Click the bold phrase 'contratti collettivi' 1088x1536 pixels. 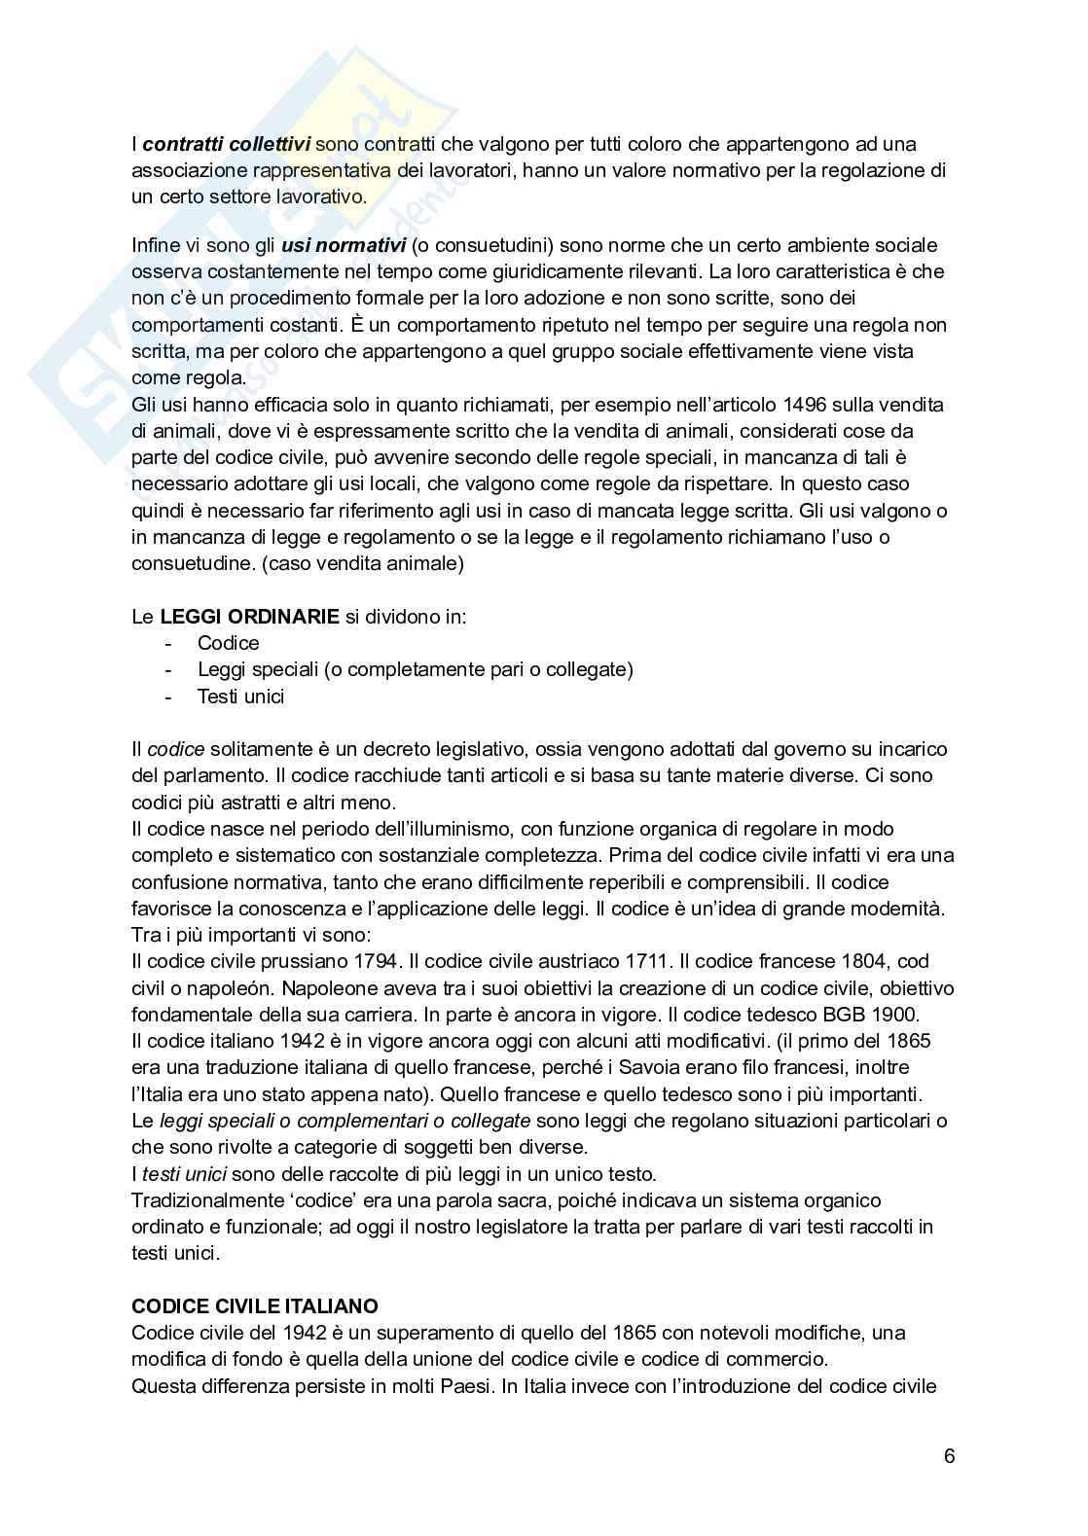[x=227, y=144]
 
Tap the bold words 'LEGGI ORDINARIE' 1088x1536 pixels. [x=250, y=616]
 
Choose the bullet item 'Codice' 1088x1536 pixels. [x=229, y=643]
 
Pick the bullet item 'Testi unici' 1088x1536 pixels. [x=240, y=696]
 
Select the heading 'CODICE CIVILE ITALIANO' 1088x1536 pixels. [x=255, y=1305]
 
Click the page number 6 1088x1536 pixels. [x=949, y=1456]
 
